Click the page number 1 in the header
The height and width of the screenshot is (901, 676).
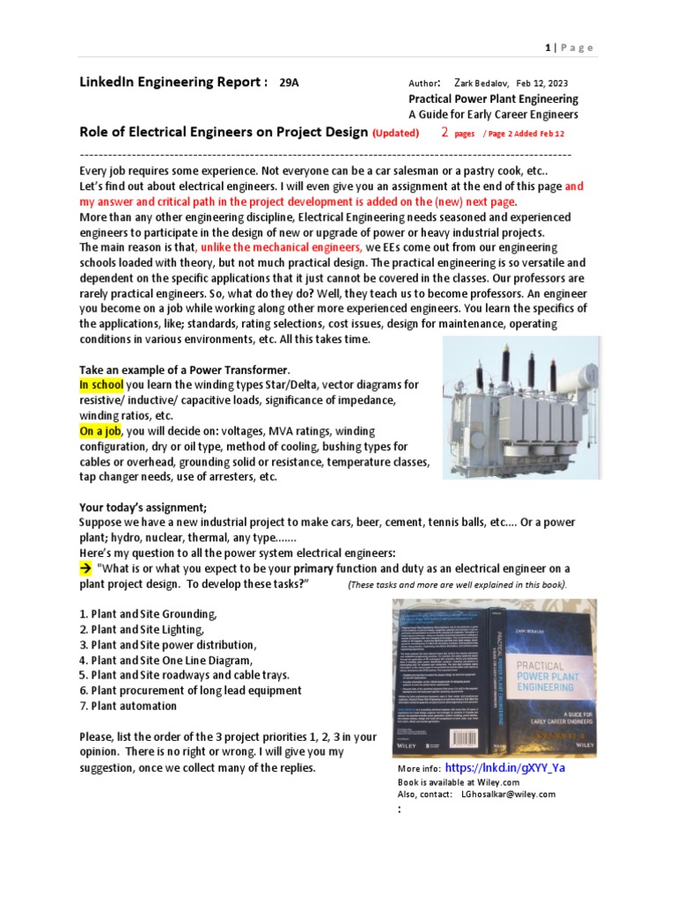click(x=547, y=48)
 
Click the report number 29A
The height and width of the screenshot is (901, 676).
click(x=289, y=84)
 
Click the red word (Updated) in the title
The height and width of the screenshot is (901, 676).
click(x=400, y=133)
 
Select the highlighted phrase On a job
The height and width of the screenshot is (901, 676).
click(x=100, y=430)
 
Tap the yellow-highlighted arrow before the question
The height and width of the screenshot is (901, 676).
click(x=85, y=568)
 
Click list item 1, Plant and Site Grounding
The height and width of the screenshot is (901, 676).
click(x=147, y=612)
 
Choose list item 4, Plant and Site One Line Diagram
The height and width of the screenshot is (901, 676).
click(x=165, y=659)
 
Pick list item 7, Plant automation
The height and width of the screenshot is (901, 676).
click(x=128, y=706)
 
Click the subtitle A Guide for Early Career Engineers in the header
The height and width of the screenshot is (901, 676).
click(x=493, y=114)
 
